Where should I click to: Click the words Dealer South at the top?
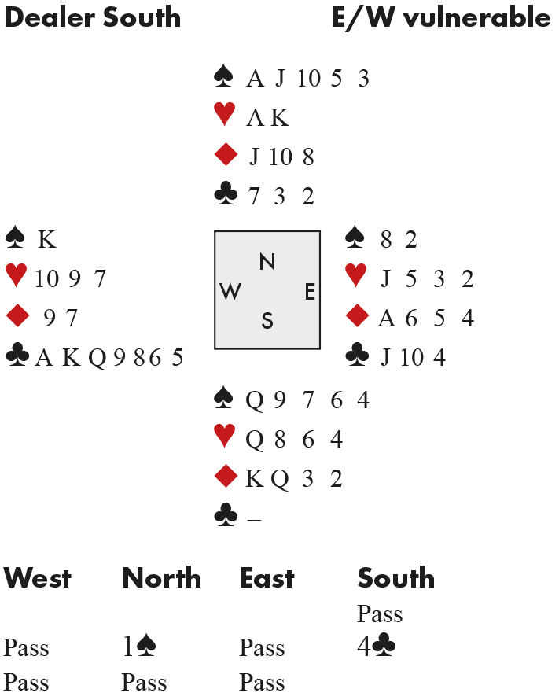92,17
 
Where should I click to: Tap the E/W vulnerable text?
441,17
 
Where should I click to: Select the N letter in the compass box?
267,263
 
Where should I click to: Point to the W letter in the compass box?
230,292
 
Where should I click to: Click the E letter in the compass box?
310,292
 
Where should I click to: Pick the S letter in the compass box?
267,321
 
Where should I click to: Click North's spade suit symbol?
224,77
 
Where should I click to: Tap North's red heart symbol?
225,116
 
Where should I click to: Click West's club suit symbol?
17,357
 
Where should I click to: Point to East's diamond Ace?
385,319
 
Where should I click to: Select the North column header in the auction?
161,578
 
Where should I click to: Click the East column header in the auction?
267,578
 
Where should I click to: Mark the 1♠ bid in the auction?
139,647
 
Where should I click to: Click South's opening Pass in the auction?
380,613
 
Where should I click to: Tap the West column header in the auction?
37,578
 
